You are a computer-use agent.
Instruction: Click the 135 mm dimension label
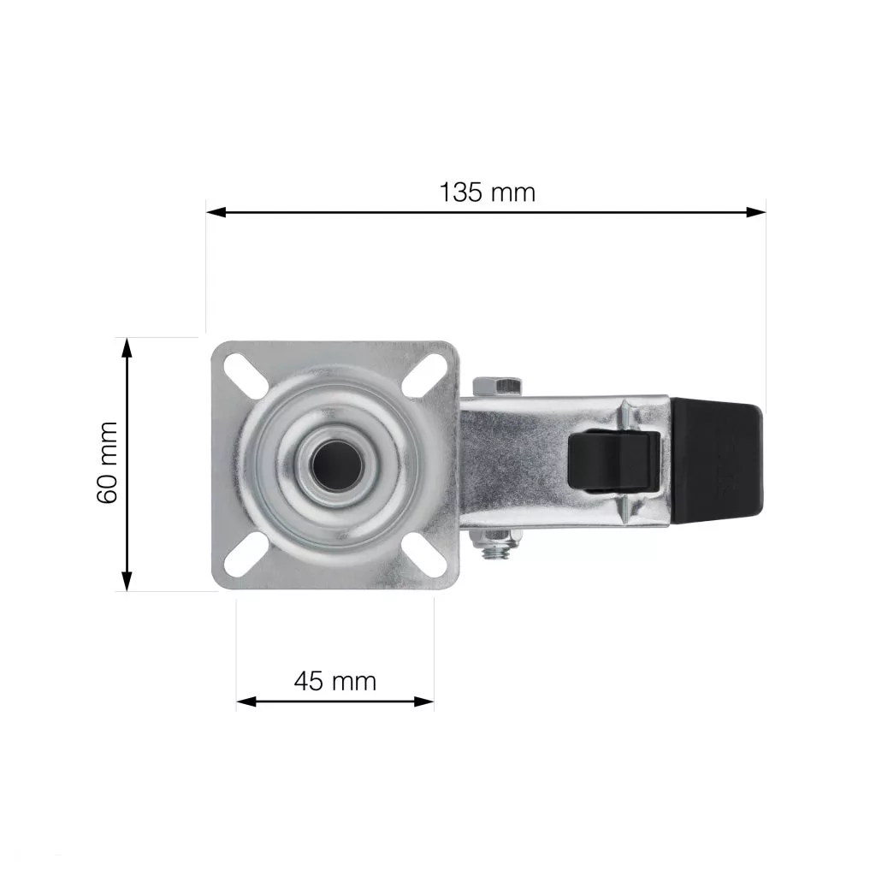pos(487,192)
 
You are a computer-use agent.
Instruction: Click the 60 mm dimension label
pos(107,463)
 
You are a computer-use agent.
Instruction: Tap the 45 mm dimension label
pos(335,681)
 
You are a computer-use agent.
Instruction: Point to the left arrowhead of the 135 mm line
pos(216,212)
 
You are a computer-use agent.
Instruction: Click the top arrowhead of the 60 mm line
pos(127,347)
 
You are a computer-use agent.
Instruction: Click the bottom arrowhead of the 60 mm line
pos(127,581)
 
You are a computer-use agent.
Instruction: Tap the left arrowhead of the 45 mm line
pos(246,701)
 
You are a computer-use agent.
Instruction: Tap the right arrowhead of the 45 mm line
pos(424,701)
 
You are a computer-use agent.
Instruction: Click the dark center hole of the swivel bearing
pos(337,465)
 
